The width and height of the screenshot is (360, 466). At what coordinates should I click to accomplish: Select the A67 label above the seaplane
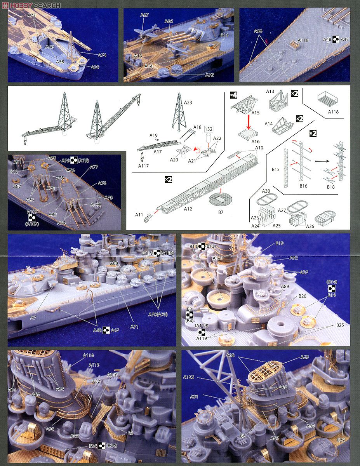click(x=144, y=15)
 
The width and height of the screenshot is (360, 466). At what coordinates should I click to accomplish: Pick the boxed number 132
click(x=209, y=129)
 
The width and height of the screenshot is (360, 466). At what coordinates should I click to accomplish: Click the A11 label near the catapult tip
click(x=139, y=214)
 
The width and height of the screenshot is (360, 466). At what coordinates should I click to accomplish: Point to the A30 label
click(x=266, y=191)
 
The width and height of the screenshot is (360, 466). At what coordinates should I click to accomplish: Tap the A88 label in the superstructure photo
click(x=114, y=263)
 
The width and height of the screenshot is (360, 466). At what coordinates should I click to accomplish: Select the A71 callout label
click(x=134, y=327)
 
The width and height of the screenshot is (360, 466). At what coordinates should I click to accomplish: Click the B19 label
click(x=280, y=243)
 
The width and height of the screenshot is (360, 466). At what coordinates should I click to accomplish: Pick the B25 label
click(x=340, y=325)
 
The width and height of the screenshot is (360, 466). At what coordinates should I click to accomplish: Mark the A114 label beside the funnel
click(x=88, y=356)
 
